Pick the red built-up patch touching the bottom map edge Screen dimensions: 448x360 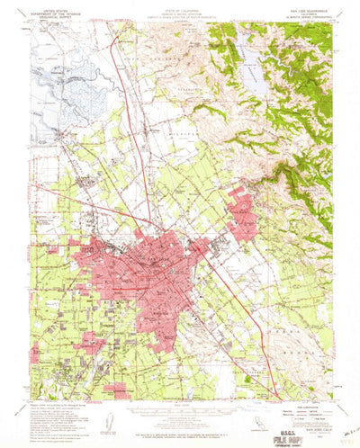[117, 391]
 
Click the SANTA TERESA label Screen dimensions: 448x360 [212, 364]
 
